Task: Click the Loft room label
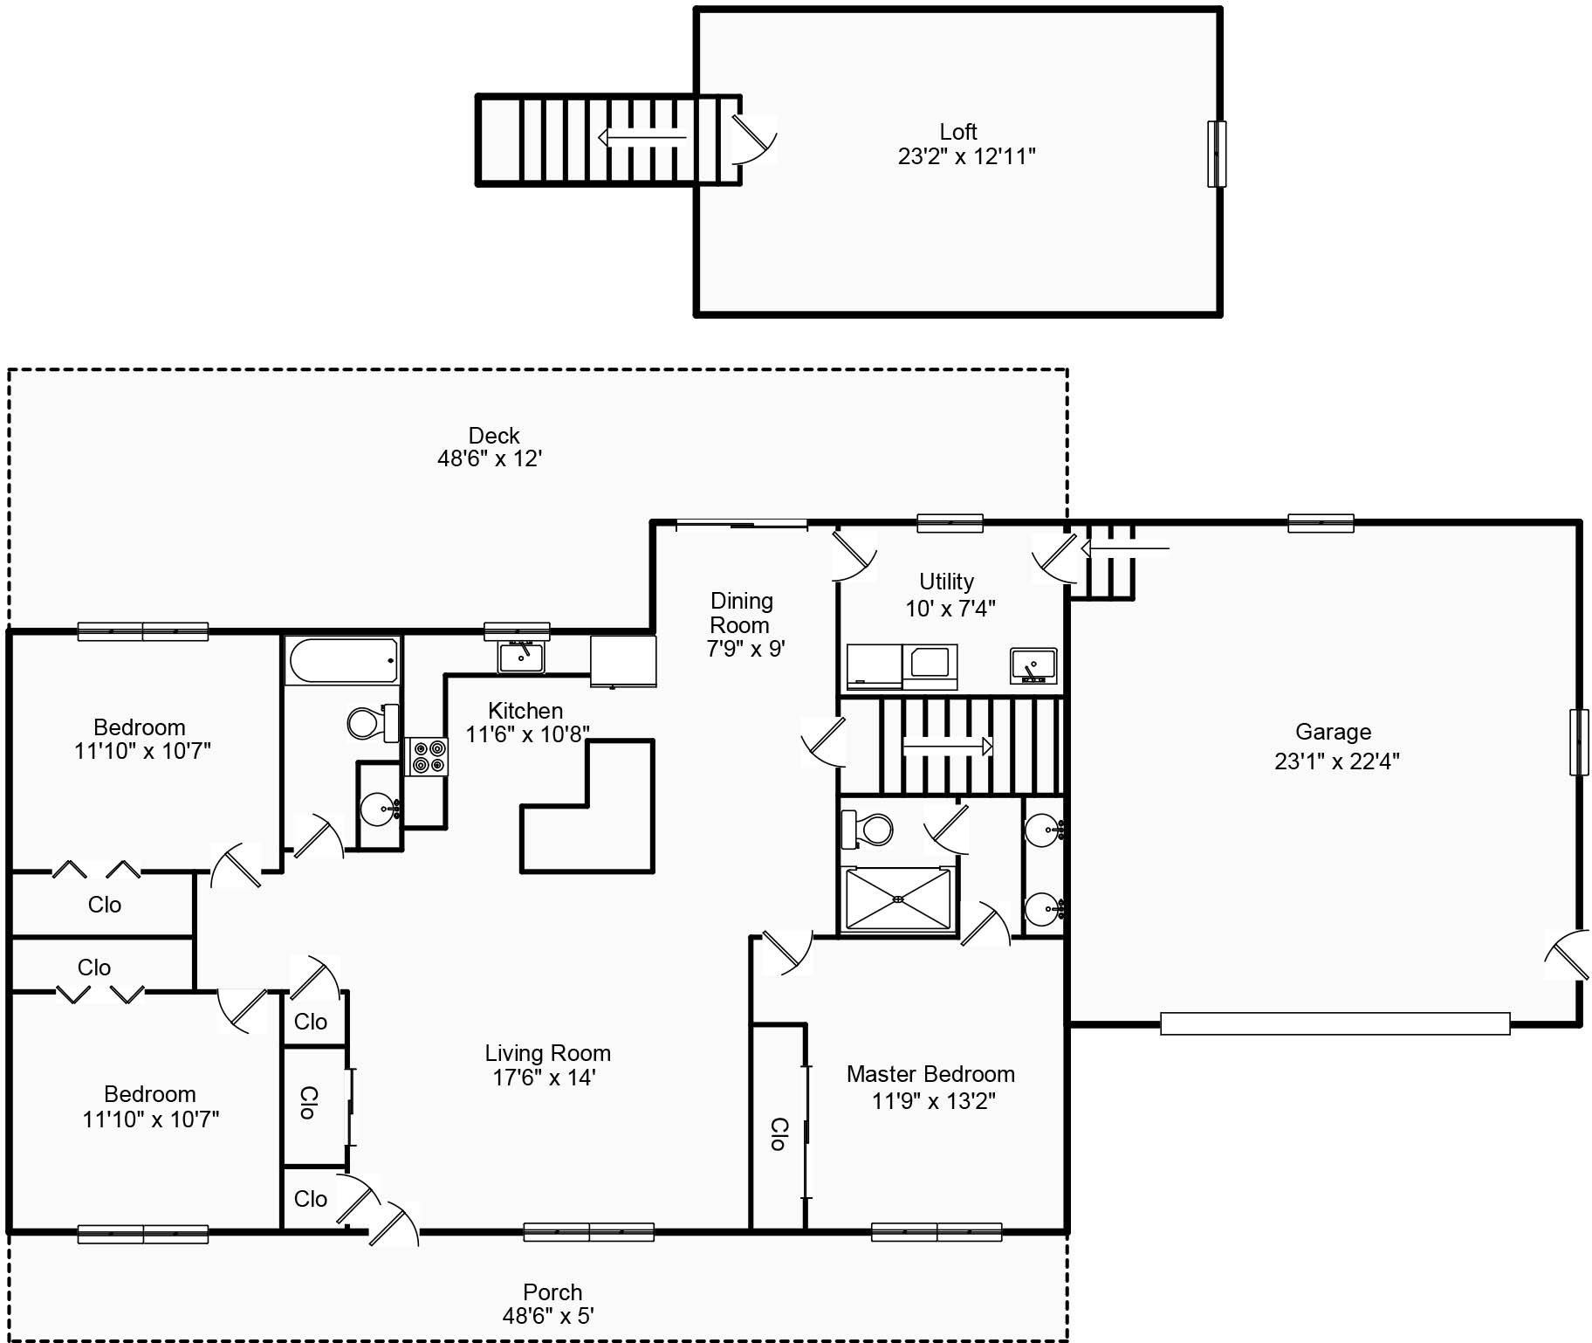point(957,132)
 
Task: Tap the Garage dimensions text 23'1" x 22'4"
point(1336,761)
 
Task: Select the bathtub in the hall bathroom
point(344,660)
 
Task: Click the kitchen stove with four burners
point(427,756)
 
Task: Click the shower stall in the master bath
point(898,899)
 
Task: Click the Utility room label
point(946,582)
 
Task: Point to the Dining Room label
point(741,613)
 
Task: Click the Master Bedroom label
point(930,1074)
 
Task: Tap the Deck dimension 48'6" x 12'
point(490,458)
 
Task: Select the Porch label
point(552,1292)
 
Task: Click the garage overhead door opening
point(1335,1023)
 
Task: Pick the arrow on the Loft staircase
point(642,137)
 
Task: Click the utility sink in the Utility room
point(1033,665)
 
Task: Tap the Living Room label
point(547,1053)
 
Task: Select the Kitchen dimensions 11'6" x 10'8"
point(527,734)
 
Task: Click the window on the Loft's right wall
point(1216,154)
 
